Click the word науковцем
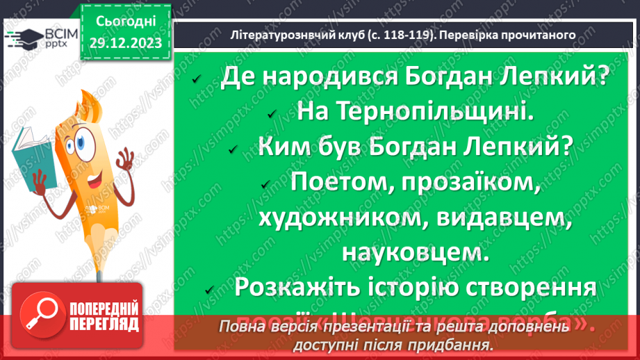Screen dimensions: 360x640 416,253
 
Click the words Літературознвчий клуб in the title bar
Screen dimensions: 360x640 296,34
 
